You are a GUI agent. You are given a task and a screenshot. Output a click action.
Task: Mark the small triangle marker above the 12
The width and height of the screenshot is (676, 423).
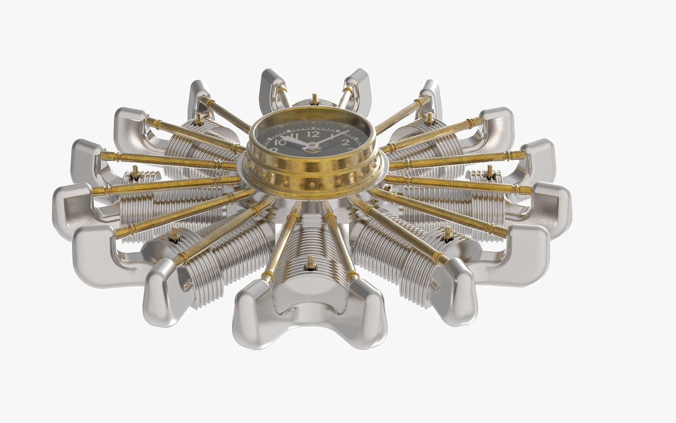click(313, 128)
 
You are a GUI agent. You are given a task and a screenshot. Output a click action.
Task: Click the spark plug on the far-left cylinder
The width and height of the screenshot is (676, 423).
click(135, 172)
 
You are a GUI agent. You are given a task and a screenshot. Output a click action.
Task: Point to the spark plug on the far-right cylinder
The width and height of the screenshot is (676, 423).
click(489, 171)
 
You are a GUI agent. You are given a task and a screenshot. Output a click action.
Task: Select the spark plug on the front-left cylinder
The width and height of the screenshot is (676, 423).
click(174, 235)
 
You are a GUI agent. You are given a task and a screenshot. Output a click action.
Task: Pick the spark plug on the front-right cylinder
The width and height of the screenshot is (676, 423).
click(447, 234)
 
